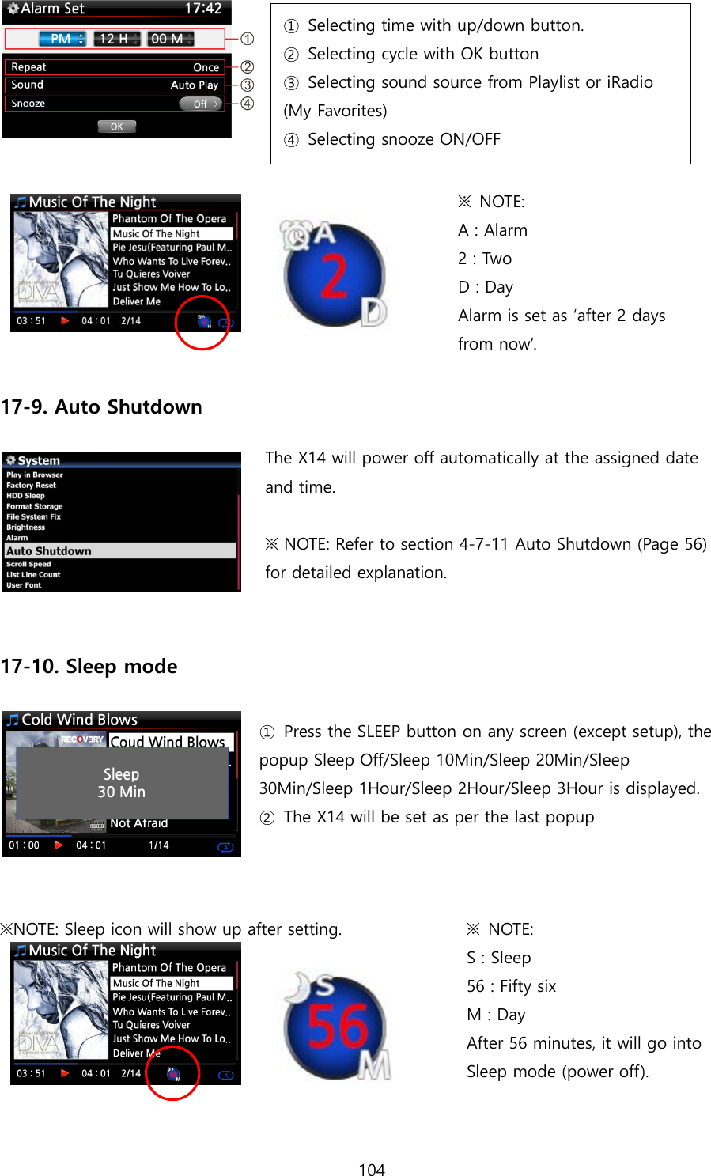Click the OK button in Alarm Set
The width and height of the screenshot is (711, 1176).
pos(117,127)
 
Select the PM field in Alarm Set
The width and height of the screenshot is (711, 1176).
pos(62,39)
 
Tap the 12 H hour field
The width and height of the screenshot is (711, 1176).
pos(117,39)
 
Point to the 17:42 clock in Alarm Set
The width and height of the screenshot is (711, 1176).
pos(202,9)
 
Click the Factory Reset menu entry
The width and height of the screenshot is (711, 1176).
pos(32,486)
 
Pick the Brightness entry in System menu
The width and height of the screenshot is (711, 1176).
pos(26,527)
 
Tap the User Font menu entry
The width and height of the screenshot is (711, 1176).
pos(25,585)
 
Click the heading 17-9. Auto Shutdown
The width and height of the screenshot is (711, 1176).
pos(102,407)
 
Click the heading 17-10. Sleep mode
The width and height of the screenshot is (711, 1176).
pos(89,667)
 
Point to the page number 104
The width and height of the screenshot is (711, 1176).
pos(372,1170)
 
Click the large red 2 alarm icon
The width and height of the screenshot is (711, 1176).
pos(335,275)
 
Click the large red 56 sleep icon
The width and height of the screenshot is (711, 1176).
pos(338,1027)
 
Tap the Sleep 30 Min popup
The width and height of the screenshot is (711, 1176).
pos(122,783)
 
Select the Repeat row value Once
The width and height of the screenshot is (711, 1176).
pos(206,68)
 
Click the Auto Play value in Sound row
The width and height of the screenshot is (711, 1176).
pos(194,85)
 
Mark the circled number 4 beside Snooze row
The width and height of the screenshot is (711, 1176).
pos(248,104)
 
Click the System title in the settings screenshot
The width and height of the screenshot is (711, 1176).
pos(39,460)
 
